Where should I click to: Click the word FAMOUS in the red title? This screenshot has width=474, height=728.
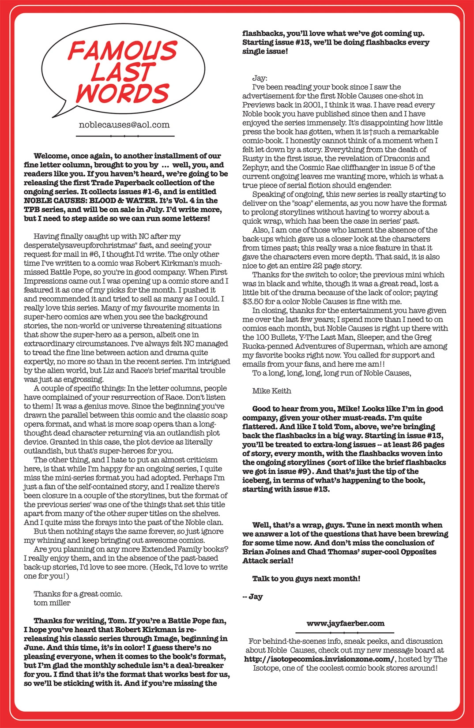point(123,51)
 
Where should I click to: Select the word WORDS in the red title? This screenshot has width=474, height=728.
point(123,93)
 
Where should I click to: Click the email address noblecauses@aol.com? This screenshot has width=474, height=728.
point(124,125)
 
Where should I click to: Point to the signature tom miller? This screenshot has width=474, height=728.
point(52,603)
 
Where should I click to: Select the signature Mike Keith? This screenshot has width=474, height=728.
point(271,391)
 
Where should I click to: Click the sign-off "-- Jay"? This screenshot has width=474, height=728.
point(252,597)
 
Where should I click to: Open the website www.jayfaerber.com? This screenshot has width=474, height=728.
point(345,623)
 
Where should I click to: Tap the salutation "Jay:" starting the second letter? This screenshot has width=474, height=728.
point(260,78)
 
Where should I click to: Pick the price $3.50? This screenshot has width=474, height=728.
point(253,302)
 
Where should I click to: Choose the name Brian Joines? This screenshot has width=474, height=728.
point(267,552)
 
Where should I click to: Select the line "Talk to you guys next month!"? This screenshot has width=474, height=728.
point(306,578)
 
